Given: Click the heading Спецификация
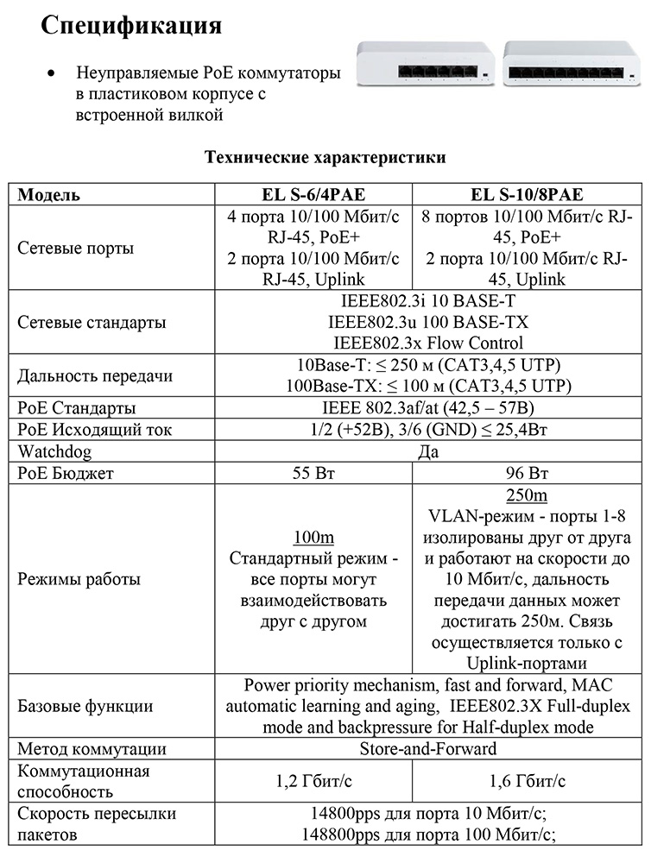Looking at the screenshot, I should (132, 26).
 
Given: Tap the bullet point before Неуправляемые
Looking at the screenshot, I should (55, 74).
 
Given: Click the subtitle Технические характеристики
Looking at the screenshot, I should (325, 158).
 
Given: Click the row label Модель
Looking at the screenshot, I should (49, 195).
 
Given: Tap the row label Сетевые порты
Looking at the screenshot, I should (76, 249).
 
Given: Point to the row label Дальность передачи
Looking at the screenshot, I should (96, 376).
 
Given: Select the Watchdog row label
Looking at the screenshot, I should (54, 451).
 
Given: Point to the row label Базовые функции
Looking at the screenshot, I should (85, 707).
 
